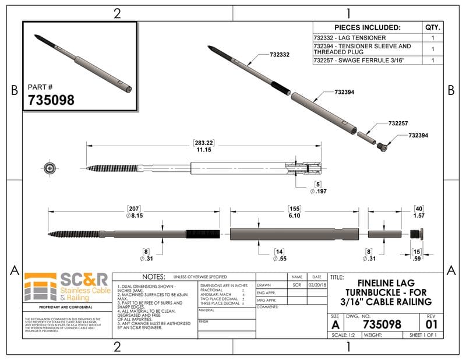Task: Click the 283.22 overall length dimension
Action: click(x=203, y=143)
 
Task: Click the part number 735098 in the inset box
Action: click(x=51, y=100)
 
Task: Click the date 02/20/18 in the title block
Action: click(x=316, y=285)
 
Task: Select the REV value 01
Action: click(x=432, y=323)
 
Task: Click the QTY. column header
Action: click(x=433, y=27)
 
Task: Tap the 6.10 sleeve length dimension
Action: click(x=294, y=215)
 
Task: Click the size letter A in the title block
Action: click(x=334, y=324)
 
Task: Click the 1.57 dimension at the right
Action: click(x=418, y=215)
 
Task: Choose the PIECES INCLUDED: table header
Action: click(x=368, y=27)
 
